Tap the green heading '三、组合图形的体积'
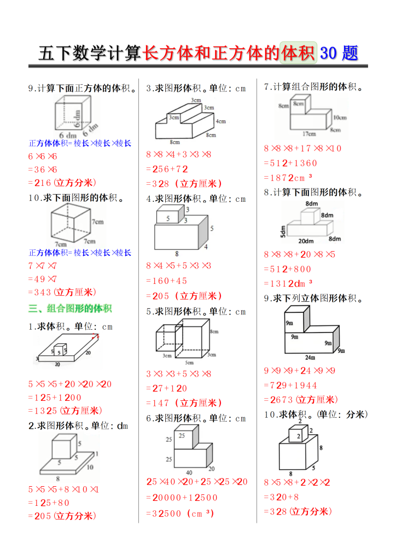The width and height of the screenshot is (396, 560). coord(69,308)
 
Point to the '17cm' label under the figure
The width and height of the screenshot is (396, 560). coord(309,133)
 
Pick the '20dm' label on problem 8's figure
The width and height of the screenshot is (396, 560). coord(306,241)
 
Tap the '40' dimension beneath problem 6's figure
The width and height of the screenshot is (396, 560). coord(189,472)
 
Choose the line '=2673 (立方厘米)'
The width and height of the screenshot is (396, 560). coord(300,400)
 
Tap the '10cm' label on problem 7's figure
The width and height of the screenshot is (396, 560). coord(339,117)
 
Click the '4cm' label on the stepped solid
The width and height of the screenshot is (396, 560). coord(220,121)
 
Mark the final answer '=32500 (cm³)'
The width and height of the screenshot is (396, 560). coord(180,514)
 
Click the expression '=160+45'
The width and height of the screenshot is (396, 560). coord(166,281)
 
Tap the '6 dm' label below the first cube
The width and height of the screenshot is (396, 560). coord(67,135)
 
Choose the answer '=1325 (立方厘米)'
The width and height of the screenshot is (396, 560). coord(65,411)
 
